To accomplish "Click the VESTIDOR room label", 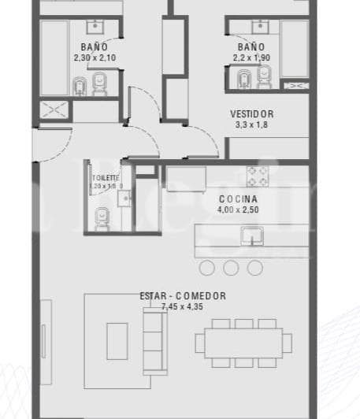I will (x=252, y=113).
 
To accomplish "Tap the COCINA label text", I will (x=237, y=199).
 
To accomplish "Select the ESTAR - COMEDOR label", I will (x=183, y=296).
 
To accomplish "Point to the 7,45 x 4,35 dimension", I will (x=183, y=306).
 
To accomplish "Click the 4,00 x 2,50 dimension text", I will (x=237, y=210).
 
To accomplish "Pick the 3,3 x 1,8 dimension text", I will (x=252, y=124).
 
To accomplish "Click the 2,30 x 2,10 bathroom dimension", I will (x=94, y=57).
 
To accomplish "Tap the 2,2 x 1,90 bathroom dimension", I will (x=252, y=57).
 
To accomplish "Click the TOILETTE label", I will (x=106, y=178).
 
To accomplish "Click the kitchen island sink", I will (x=252, y=235).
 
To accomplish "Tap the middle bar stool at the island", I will (x=231, y=268).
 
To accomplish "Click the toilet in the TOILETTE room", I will (x=102, y=220).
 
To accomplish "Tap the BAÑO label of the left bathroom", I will (x=94, y=47).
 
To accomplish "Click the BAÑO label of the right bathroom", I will (x=252, y=47).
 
